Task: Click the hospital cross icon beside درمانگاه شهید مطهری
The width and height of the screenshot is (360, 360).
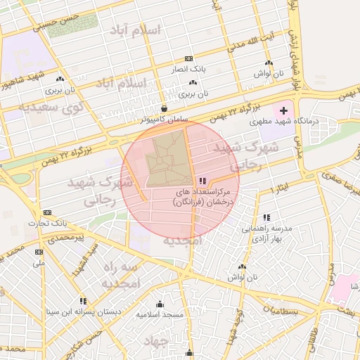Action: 283,111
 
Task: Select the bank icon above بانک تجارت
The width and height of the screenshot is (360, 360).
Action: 47,212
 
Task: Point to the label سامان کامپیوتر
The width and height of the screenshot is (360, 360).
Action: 164,120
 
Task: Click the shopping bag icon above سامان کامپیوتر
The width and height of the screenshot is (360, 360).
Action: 164,109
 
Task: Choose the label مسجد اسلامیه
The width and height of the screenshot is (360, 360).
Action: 160,314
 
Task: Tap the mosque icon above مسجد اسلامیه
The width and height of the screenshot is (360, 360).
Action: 160,304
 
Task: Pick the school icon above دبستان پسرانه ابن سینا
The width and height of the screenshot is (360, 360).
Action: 83,300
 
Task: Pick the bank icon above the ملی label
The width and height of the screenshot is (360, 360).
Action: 39,252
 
